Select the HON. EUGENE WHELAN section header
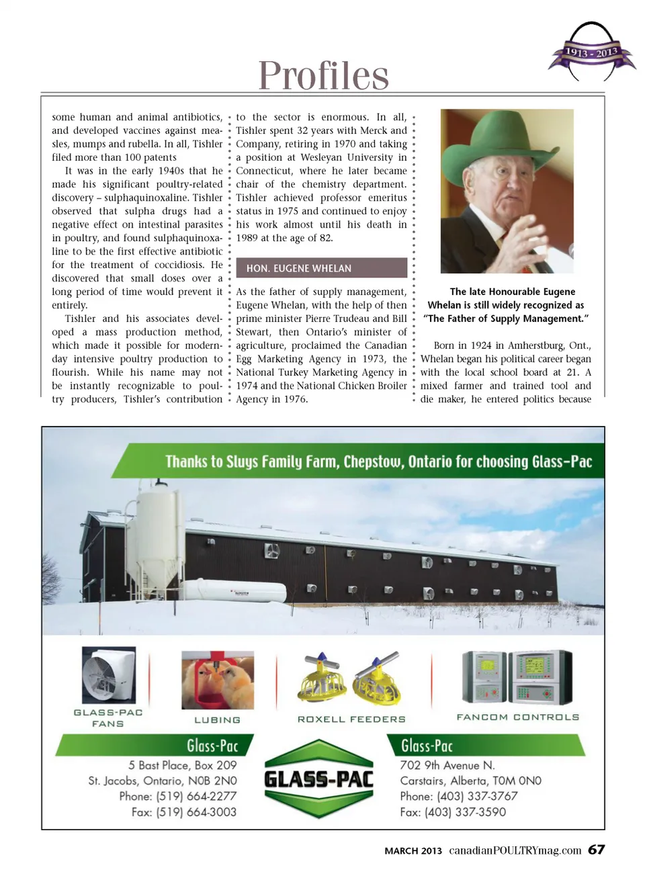[x=321, y=268]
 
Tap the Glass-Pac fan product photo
[x=108, y=674]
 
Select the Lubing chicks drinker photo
[x=218, y=680]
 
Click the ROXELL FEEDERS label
[x=351, y=719]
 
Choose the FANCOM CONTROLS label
[x=517, y=717]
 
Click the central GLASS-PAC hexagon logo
[x=318, y=779]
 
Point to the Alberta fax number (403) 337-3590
[x=453, y=811]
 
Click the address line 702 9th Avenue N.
[x=447, y=765]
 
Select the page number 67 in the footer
[x=596, y=850]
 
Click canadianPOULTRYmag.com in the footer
[x=515, y=850]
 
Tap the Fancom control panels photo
[x=517, y=676]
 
